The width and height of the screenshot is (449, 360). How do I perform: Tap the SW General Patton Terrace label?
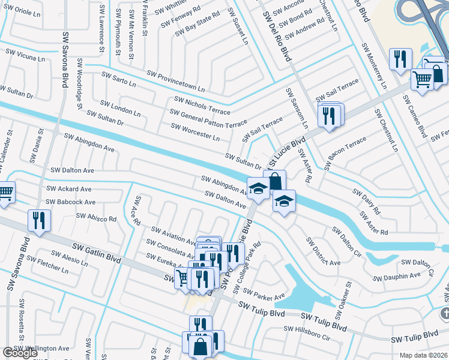[x=208, y=118]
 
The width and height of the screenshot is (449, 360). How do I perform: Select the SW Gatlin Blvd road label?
[x=97, y=253]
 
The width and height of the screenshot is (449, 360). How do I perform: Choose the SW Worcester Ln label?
[x=195, y=132]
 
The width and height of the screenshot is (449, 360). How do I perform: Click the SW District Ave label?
[x=322, y=251]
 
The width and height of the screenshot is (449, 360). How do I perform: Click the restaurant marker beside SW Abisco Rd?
[x=40, y=220]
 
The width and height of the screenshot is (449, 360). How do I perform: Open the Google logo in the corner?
[x=20, y=353]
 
